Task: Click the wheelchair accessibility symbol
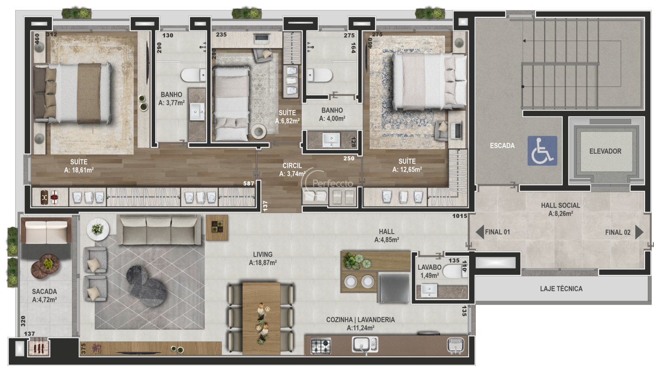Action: point(542,151)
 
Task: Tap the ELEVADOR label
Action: point(605,151)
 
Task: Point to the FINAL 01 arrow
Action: point(480,232)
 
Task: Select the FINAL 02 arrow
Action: point(639,232)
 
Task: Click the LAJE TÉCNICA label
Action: point(561,288)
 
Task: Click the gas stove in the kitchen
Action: point(320,346)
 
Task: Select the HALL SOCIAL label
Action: point(560,206)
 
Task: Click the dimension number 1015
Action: point(460,216)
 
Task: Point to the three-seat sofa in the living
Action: point(159,230)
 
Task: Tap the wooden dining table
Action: point(261,319)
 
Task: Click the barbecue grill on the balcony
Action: point(39,347)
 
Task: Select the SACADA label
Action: point(44,291)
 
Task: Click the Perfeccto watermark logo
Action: point(327,183)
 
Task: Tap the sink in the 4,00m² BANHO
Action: point(331,140)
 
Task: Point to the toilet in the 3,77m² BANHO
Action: point(193,75)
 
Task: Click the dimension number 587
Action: point(249,183)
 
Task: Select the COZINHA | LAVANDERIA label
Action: point(360,319)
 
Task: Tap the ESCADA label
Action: point(502,146)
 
